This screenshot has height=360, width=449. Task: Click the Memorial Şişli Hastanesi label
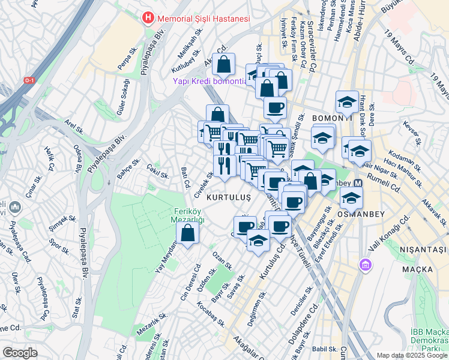203,19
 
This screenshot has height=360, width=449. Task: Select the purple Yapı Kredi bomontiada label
209,81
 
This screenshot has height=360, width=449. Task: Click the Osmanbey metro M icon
358,183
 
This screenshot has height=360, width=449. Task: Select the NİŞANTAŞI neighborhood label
424,249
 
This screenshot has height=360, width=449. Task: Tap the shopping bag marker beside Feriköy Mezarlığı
188,233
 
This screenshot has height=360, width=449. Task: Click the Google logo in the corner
20,353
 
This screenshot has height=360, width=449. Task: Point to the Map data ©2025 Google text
412,355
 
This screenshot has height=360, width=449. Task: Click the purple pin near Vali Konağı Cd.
364,264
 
